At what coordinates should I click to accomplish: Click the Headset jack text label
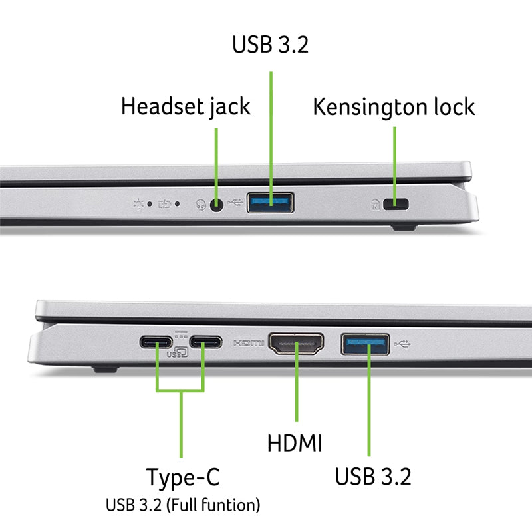click(186, 106)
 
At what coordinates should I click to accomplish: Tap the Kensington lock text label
click(394, 106)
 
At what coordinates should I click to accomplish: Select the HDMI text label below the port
click(295, 442)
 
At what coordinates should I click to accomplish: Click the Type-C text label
click(183, 477)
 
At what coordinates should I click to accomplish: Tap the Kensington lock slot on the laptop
click(400, 205)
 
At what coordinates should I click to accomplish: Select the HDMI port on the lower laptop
click(295, 344)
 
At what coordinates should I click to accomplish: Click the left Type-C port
click(156, 343)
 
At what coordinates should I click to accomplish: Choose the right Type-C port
click(205, 343)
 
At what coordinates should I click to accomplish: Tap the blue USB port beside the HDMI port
click(366, 344)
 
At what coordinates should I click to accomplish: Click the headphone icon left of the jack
click(199, 205)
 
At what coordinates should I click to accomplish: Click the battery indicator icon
click(163, 204)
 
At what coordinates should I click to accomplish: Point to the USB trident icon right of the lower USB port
click(403, 344)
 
